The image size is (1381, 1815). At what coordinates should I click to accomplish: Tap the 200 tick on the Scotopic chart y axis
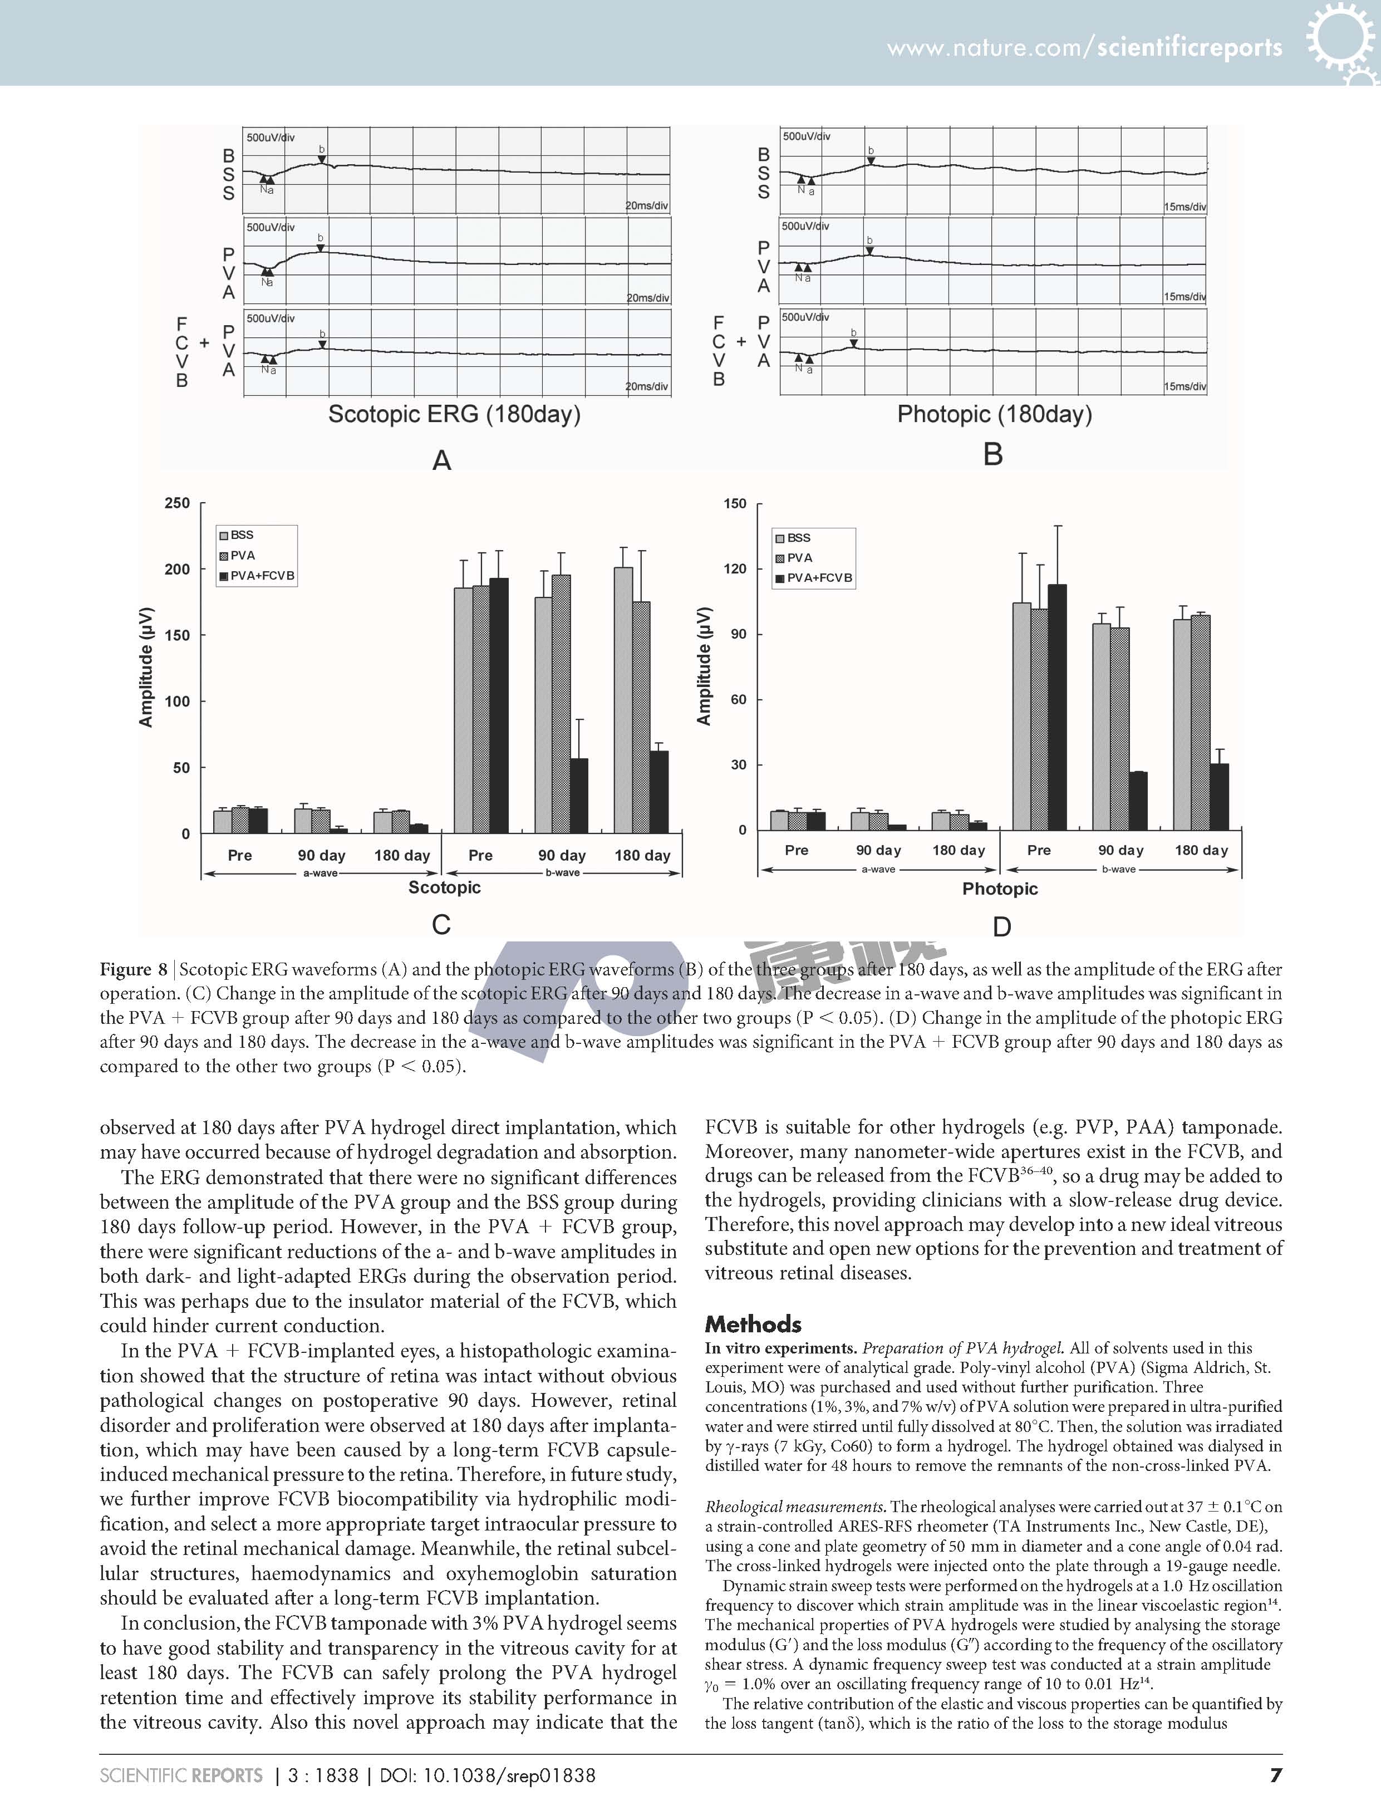(178, 569)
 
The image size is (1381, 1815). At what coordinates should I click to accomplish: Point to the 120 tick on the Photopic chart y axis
(735, 569)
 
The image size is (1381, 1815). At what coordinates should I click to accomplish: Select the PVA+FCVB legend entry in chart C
(262, 576)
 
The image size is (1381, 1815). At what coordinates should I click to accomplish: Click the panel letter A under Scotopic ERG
(441, 460)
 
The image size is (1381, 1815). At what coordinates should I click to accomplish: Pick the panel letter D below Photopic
(1001, 926)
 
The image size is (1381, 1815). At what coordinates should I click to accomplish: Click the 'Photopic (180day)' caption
(995, 414)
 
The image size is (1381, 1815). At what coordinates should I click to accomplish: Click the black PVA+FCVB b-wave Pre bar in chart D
(1057, 707)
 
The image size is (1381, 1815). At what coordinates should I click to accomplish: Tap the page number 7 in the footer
(1275, 1775)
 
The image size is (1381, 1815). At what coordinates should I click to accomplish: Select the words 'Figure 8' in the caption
(133, 970)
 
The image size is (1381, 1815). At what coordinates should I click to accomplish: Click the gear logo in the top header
(1338, 41)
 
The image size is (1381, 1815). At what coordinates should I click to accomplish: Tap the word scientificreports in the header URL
(1190, 48)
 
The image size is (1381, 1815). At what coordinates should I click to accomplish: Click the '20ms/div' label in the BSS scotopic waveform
(647, 205)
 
